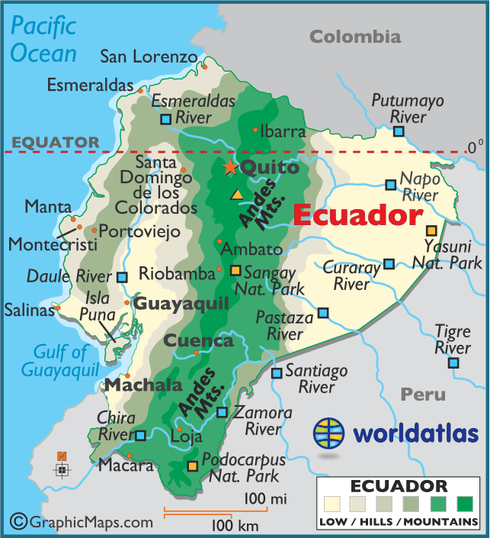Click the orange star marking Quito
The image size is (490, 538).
(229, 167)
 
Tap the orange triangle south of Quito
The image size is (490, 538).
(238, 194)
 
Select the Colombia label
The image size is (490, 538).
(355, 37)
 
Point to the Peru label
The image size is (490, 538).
(423, 395)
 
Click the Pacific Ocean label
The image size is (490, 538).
(43, 40)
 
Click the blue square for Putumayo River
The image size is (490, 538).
(399, 131)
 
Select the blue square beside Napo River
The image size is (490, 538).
(390, 185)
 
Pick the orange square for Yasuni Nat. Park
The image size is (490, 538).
(432, 230)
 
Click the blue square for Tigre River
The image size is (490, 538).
(454, 362)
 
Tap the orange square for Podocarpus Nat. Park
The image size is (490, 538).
(193, 466)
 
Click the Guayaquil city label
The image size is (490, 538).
(181, 304)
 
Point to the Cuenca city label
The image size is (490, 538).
(199, 340)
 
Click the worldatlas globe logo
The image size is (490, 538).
(329, 434)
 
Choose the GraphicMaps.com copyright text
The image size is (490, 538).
(82, 522)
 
